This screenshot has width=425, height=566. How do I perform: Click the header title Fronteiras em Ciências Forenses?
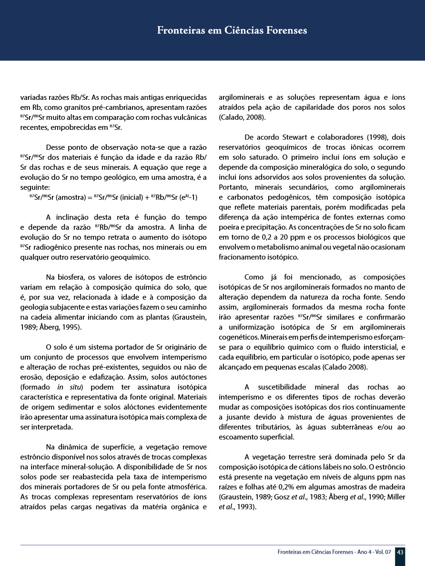[232, 30]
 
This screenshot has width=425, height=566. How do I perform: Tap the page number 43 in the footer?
[400, 552]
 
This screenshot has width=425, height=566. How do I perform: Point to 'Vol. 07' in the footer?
[382, 552]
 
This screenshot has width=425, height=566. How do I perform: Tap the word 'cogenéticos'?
[238, 337]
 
